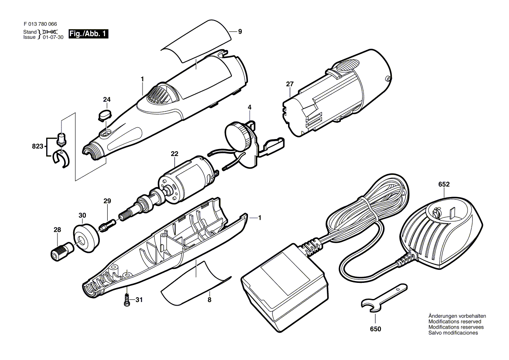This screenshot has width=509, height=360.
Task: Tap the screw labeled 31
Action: (x=127, y=299)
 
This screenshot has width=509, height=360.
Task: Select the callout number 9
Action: (x=240, y=31)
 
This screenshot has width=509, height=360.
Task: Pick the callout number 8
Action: (x=209, y=300)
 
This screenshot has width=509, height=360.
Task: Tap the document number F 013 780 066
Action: (x=40, y=24)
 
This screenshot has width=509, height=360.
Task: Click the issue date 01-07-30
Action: (x=53, y=37)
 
